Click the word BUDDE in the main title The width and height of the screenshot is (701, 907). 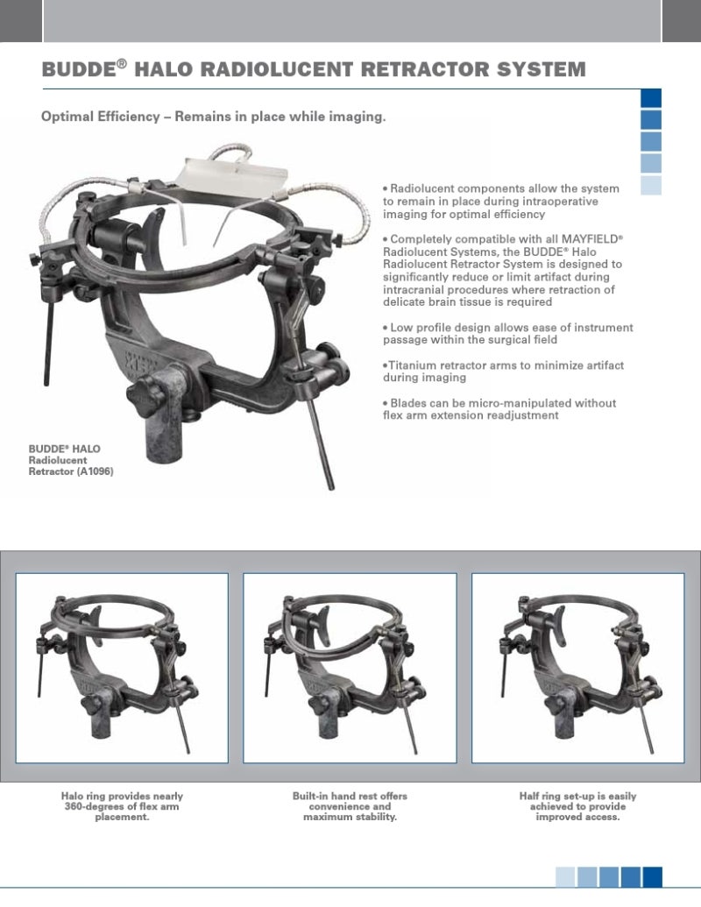point(78,70)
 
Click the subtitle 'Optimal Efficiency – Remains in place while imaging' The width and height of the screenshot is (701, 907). point(214,117)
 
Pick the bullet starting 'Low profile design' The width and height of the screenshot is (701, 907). point(507,333)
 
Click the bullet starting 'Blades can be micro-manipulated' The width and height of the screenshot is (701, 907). point(499,409)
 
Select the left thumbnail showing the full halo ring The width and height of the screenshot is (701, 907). point(122,667)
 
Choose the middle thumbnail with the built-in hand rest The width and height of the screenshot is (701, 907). point(350,667)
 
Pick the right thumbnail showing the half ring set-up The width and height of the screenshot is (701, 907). point(577,667)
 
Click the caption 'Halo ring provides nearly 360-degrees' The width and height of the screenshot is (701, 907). point(122,806)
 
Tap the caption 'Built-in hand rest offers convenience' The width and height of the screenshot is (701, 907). point(350,806)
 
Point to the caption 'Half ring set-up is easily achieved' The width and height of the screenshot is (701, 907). point(577,806)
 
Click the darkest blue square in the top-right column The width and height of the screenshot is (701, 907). point(651,98)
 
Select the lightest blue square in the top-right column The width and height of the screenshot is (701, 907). point(651,185)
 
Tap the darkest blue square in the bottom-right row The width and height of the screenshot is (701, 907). point(652,876)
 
